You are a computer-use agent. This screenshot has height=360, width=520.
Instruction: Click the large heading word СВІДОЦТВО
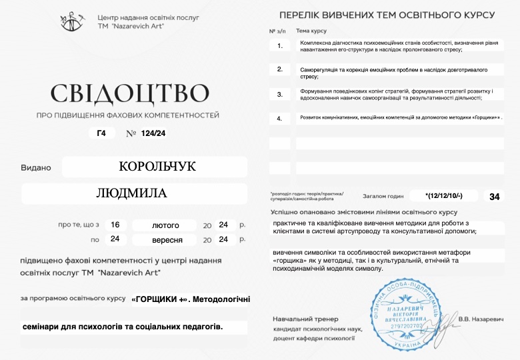click(129, 93)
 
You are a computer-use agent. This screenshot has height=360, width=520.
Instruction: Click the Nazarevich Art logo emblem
click(71, 21)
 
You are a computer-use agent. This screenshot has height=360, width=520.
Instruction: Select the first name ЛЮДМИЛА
click(132, 193)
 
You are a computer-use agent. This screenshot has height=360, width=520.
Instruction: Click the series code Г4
click(101, 133)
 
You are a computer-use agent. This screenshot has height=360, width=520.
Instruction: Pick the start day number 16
click(115, 225)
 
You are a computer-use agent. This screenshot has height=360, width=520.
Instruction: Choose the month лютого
click(164, 225)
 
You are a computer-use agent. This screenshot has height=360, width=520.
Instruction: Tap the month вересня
click(164, 239)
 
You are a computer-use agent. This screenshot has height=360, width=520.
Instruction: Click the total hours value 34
click(494, 196)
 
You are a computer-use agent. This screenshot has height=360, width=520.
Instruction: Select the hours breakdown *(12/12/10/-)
click(443, 196)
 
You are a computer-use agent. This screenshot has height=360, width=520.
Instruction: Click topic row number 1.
click(280, 46)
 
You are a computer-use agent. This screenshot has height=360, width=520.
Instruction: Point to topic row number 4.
click(280, 118)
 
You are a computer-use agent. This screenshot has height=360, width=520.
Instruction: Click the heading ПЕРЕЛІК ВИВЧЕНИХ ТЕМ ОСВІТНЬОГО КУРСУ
click(387, 15)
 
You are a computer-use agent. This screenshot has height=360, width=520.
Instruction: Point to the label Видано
click(36, 167)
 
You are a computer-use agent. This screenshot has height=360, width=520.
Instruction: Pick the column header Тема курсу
click(311, 31)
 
